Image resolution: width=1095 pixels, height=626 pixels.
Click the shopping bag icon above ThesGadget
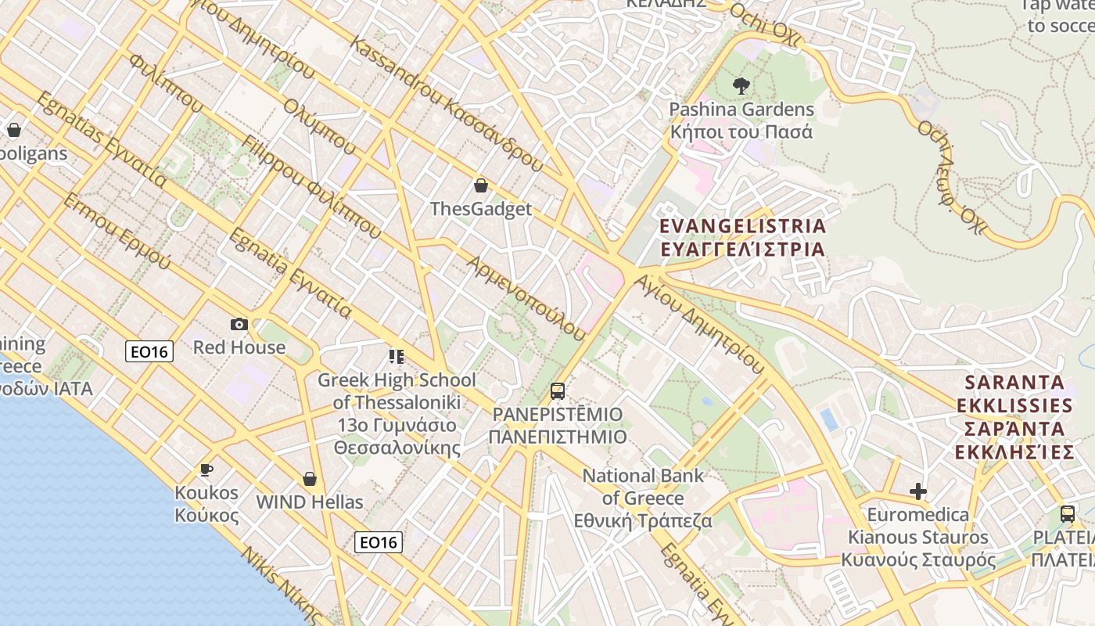(481, 185)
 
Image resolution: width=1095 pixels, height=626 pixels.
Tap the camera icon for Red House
(239, 324)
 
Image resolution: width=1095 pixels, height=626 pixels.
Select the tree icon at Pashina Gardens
(741, 85)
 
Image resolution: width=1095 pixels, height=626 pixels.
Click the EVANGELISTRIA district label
(742, 238)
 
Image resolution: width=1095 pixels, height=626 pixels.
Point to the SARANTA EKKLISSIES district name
(1014, 417)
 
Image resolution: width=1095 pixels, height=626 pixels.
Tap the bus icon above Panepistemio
(558, 390)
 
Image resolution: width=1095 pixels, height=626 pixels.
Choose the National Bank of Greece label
(643, 498)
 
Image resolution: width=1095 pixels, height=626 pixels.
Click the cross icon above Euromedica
(918, 491)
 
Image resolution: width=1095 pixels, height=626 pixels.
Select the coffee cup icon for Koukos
(206, 469)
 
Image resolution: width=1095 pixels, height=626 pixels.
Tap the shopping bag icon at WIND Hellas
(310, 479)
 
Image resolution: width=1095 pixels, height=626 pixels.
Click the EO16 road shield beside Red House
(149, 352)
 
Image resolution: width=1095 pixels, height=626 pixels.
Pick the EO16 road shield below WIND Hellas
(379, 542)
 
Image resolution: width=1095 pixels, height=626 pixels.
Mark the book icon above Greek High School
(397, 357)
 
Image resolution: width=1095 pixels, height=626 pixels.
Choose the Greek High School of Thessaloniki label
(397, 414)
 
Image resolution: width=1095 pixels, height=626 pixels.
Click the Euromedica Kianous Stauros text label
(918, 538)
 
